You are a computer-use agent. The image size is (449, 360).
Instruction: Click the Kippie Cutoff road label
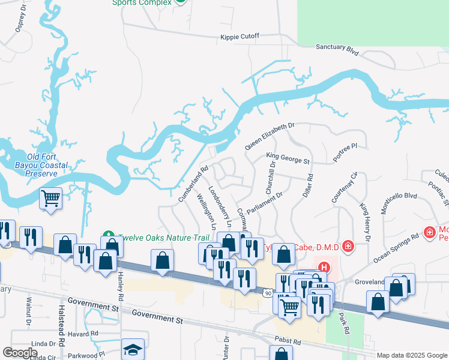coord(240,37)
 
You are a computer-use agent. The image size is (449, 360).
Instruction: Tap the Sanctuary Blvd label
coord(337,50)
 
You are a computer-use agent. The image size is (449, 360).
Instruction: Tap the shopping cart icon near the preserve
coord(51,197)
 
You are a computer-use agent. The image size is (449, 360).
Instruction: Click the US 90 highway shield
coord(268,291)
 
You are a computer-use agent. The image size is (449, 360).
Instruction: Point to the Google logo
coord(20,353)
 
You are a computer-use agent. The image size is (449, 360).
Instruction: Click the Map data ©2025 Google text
coord(412,355)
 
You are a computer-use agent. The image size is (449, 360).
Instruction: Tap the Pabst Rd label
coord(289,341)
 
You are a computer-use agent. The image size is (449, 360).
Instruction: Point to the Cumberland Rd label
coord(193,184)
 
